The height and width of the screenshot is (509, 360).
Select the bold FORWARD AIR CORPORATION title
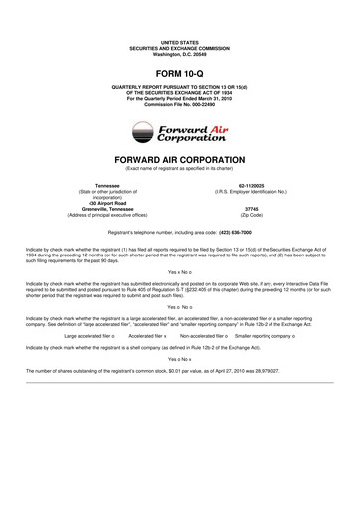point(180,159)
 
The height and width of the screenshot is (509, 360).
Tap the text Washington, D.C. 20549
point(180,54)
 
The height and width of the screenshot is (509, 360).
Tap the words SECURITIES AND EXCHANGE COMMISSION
point(180,48)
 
